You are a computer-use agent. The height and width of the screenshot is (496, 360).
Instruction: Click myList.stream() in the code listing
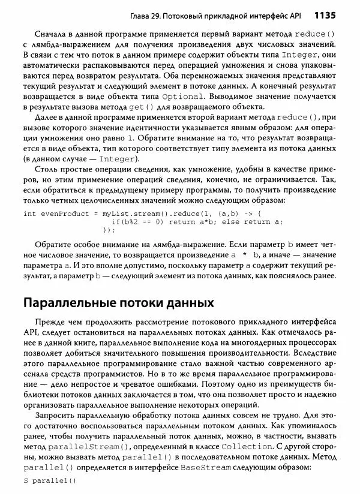tap(133, 213)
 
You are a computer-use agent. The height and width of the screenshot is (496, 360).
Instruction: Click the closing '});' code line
tap(109, 229)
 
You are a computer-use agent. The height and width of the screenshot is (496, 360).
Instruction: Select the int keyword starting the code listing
tap(29, 213)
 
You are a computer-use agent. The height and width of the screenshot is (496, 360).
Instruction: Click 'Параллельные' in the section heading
tap(75, 301)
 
